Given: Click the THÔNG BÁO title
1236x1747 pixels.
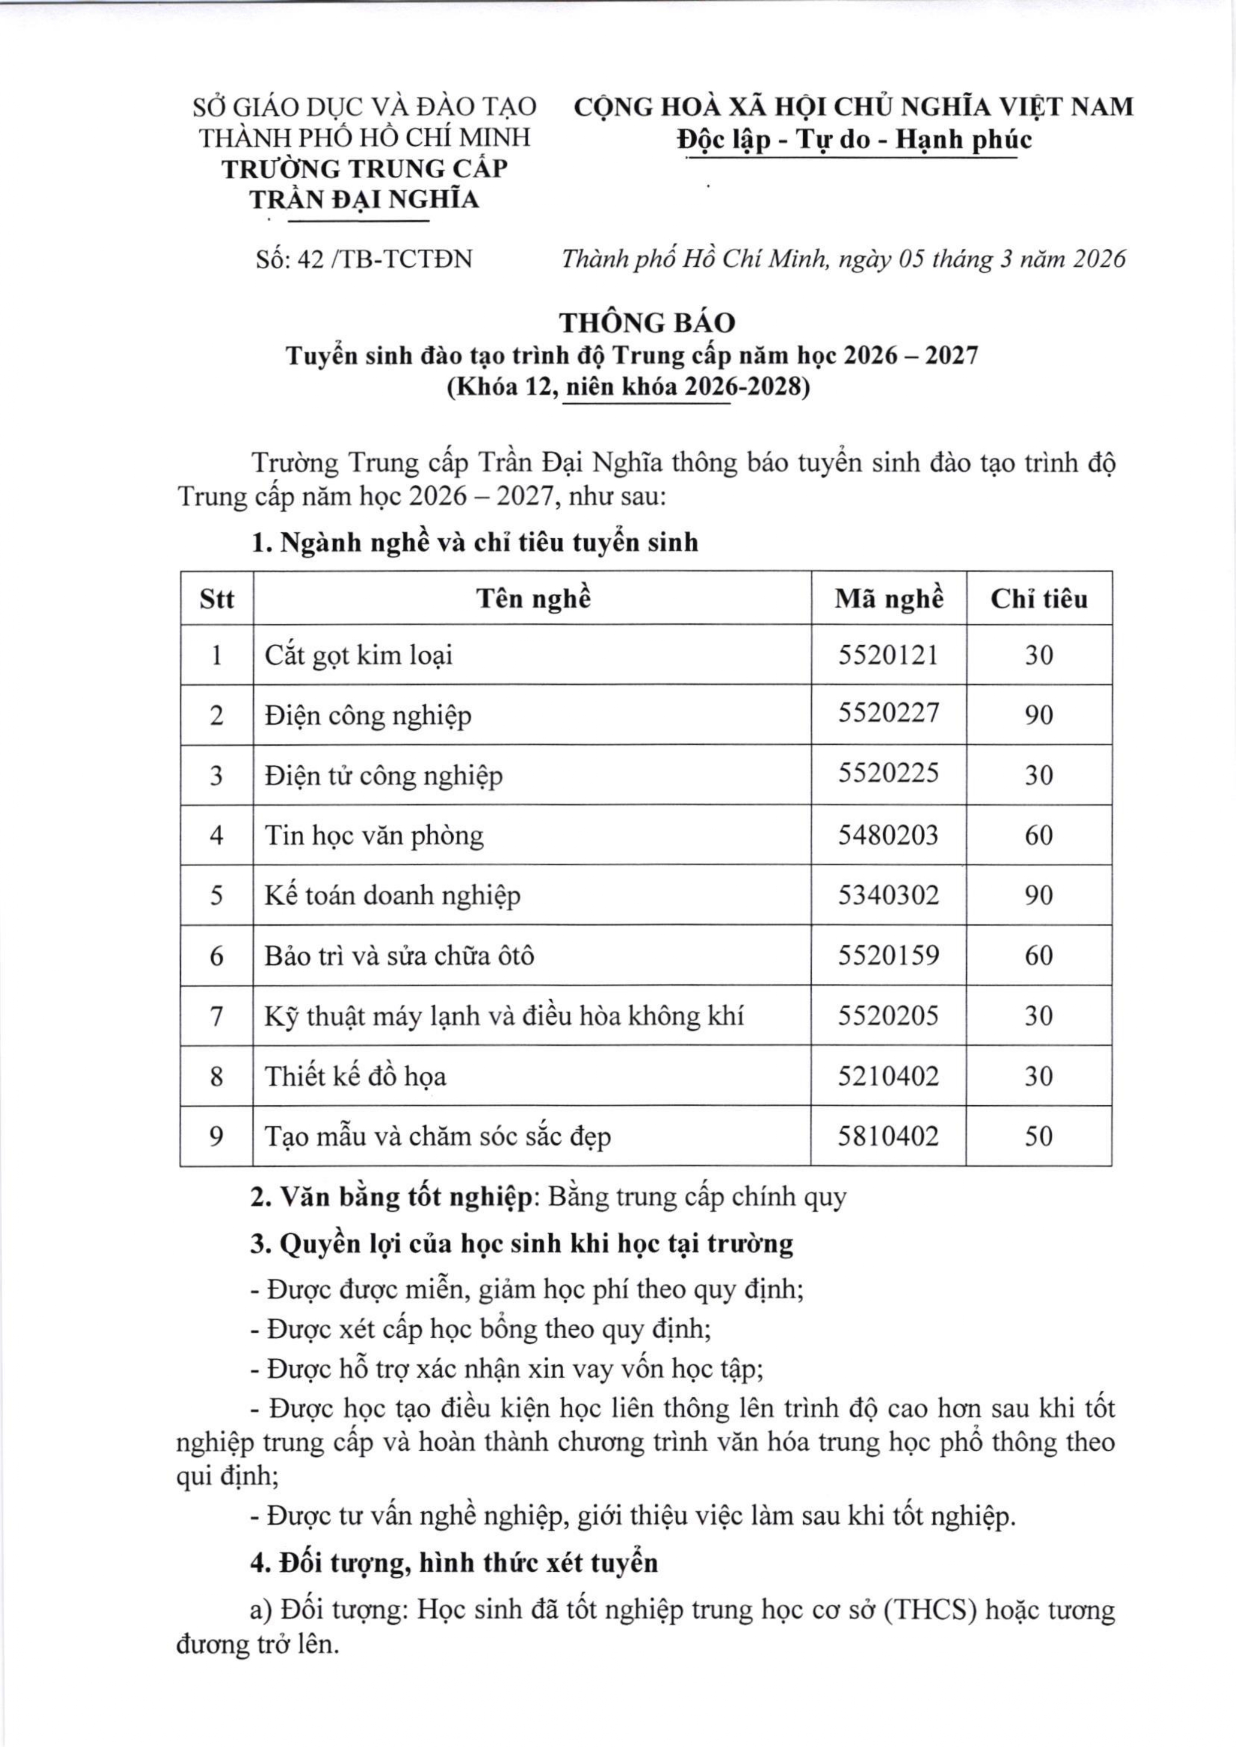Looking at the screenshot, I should (x=648, y=323).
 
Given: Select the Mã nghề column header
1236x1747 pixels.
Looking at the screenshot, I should (x=888, y=599).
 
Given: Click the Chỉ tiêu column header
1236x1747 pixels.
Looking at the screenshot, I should (x=1039, y=599).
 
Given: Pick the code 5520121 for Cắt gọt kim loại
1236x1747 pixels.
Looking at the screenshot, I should (x=888, y=654).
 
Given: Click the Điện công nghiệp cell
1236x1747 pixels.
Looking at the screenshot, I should (x=369, y=715).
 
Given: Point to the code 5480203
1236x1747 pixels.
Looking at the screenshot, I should (x=888, y=835).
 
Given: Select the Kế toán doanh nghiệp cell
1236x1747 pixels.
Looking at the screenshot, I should (x=393, y=896).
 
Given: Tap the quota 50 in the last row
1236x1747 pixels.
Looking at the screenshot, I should (x=1039, y=1136).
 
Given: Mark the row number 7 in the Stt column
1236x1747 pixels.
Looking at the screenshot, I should (x=217, y=1016).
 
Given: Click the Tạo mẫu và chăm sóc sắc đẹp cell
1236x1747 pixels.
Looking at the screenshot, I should (x=438, y=1137).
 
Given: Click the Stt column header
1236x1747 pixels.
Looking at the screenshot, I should (x=217, y=599).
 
